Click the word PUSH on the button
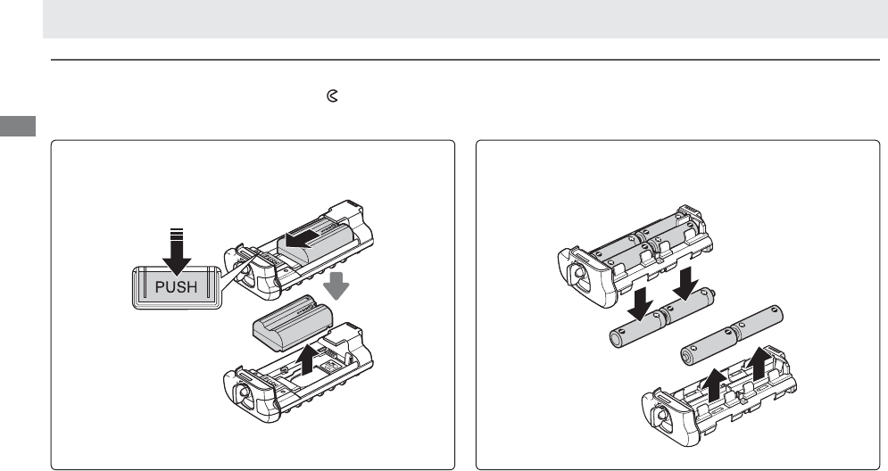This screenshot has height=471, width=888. coord(176,287)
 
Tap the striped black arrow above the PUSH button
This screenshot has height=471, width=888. coord(177,252)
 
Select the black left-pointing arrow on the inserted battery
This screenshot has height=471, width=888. coord(299,239)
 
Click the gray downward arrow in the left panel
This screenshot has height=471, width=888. coord(336,285)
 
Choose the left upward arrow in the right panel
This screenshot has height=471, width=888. coord(715,385)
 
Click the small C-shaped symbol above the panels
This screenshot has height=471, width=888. coord(332,96)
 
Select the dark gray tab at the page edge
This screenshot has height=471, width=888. coord(18,126)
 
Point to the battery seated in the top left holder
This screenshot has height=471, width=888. coord(315,241)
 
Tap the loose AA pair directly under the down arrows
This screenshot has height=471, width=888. coord(661,318)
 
